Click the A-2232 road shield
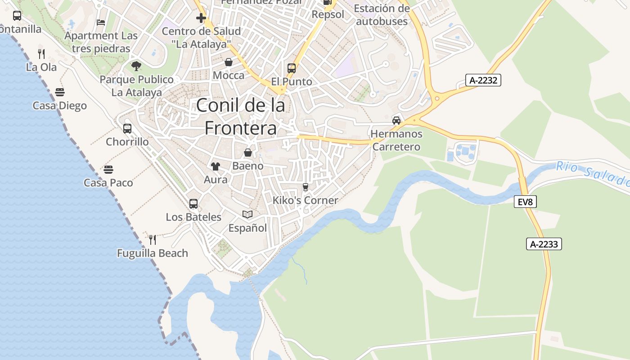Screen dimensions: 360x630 click(483, 81)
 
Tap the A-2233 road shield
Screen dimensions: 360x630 click(544, 244)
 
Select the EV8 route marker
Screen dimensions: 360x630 click(525, 202)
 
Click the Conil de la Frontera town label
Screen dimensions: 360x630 click(241, 117)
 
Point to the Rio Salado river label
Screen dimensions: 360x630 click(593, 173)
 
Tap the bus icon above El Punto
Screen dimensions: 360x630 click(292, 68)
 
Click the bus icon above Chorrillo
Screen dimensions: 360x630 click(127, 129)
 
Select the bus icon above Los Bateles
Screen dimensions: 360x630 click(193, 204)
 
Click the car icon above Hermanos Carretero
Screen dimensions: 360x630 click(396, 120)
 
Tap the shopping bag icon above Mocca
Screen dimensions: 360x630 click(229, 62)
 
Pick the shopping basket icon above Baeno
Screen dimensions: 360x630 click(247, 153)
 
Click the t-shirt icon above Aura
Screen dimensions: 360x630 click(216, 166)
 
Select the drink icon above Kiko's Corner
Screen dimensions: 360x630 click(306, 187)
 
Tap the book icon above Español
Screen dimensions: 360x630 click(247, 214)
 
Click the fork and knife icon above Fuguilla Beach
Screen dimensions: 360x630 click(152, 239)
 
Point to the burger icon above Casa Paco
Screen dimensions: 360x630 click(108, 170)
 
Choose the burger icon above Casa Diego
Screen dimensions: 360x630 click(60, 92)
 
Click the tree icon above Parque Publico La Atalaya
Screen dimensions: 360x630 click(136, 66)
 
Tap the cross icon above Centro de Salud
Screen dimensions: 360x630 click(201, 18)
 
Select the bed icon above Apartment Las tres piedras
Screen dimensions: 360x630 click(101, 22)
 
